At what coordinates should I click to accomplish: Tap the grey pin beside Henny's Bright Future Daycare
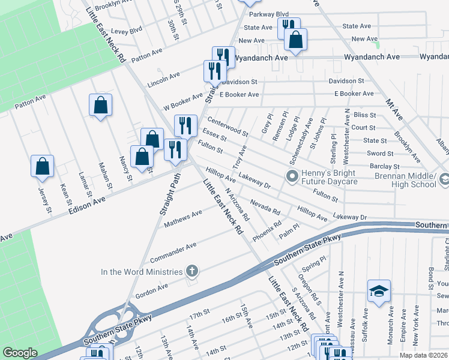pos(292,176)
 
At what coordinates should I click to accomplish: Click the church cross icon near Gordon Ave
pos(192,271)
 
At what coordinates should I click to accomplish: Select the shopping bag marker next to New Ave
pos(295,41)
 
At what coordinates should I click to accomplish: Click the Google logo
pos(20,353)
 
